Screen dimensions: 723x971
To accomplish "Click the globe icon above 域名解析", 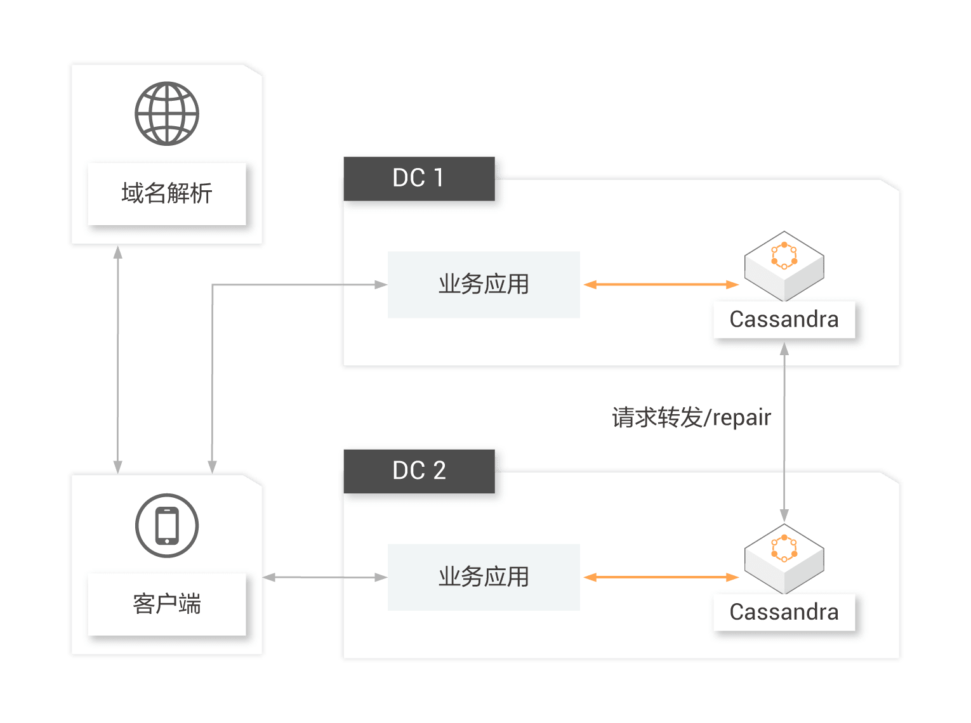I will coord(167,114).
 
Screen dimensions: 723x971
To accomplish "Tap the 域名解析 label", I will coord(167,193).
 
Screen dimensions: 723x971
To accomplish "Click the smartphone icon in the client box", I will coord(167,525).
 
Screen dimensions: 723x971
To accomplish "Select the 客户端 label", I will coord(167,604).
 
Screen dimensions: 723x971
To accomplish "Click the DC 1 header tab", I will coord(419,178).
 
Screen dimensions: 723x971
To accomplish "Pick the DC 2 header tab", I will coord(419,471).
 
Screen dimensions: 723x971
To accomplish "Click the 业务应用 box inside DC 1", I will coord(484,284).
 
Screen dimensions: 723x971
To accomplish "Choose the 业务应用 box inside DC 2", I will coord(484,576).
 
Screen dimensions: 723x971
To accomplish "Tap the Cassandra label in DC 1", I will coord(784,320).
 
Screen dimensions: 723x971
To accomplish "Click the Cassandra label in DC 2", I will coord(784,612).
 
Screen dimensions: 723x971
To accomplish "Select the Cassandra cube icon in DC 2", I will coord(784,558).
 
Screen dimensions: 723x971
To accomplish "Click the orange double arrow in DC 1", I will coord(661,285).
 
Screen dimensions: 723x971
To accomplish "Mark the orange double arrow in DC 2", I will coord(661,577).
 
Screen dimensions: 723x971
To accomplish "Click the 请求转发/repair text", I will coord(691,418).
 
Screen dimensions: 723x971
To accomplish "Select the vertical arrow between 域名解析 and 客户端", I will coord(117,360).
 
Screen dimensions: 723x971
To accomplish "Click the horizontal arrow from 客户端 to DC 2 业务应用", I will coord(325,577).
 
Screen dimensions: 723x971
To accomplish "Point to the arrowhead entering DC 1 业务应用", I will coord(381,285).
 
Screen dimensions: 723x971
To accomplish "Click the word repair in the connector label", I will coord(742,419).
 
